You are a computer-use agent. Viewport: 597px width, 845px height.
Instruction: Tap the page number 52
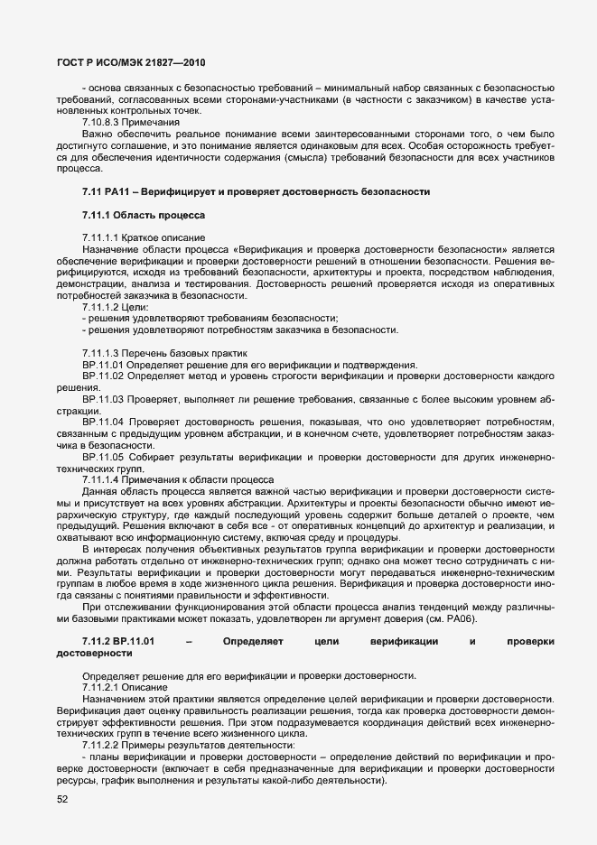[x=63, y=799]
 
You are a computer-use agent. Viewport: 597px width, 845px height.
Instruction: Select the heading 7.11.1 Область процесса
[x=144, y=216]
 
